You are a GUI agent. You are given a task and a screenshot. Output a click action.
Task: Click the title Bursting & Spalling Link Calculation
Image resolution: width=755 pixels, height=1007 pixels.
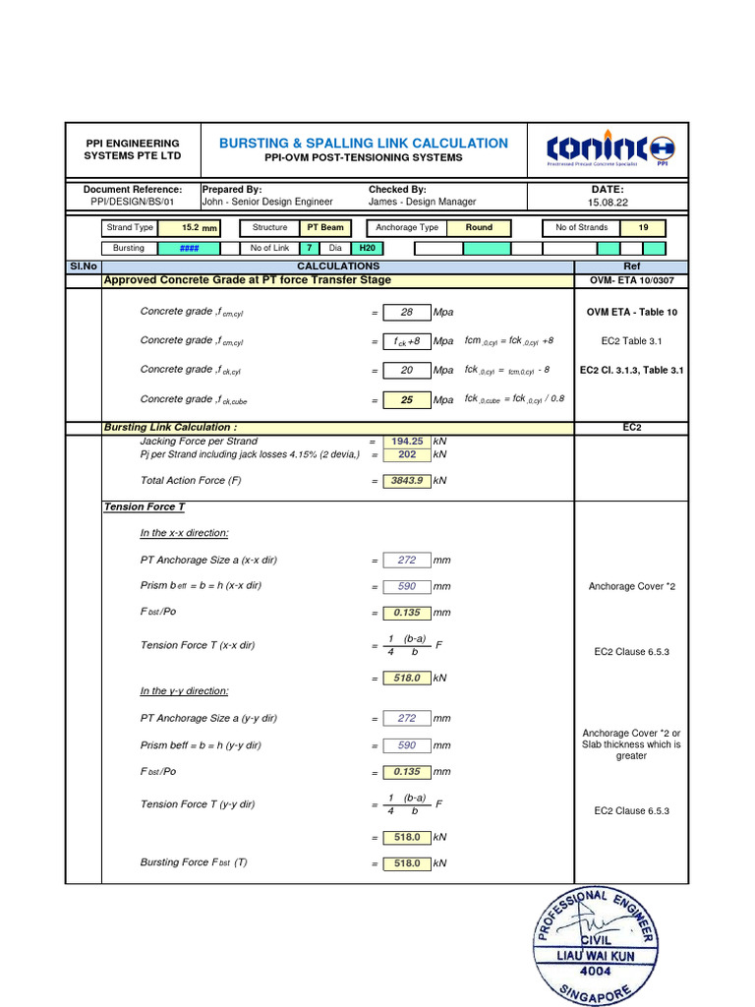coord(364,143)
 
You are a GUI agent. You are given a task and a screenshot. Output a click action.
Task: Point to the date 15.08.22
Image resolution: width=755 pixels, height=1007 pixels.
coord(608,202)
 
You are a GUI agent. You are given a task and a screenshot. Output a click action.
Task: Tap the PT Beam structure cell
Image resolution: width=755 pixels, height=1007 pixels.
coord(325,227)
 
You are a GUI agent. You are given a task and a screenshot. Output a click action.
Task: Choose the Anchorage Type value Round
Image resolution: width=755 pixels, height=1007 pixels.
coord(479,227)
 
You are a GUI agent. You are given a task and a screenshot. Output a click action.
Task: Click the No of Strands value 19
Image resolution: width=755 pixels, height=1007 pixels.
coord(644,227)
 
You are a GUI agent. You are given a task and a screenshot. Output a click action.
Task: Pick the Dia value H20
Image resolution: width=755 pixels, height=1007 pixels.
coord(367,249)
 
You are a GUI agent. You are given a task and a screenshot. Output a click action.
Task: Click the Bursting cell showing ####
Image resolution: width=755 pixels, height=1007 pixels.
coord(190,249)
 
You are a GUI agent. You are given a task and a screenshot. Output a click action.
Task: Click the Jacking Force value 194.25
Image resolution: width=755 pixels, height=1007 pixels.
coord(406,443)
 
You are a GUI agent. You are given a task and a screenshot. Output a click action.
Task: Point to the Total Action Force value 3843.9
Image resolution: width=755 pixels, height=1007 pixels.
coord(406,481)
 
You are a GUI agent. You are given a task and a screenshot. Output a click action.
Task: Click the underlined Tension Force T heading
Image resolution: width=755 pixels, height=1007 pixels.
coord(145,506)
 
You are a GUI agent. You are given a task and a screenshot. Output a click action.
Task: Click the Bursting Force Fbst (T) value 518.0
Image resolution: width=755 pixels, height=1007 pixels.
coord(406,863)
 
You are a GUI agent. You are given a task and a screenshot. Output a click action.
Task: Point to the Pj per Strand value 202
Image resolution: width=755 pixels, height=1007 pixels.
coord(406,455)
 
